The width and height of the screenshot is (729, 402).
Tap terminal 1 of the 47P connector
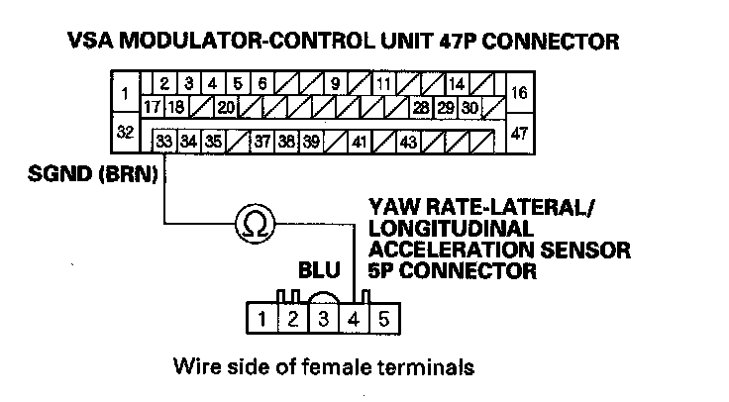coord(125,95)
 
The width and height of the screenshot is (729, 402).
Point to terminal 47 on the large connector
coord(519,133)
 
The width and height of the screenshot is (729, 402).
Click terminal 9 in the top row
coord(336,84)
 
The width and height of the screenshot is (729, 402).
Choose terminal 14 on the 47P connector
coord(457,84)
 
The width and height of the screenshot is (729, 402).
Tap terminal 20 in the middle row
coord(225,106)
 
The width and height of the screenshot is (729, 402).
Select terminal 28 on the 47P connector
coord(421,106)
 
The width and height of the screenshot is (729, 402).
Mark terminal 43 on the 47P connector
coord(407,142)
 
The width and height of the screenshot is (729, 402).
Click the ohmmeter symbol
coord(254,225)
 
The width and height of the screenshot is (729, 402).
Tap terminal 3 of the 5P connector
coord(323,319)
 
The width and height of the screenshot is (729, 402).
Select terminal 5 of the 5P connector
coord(384,319)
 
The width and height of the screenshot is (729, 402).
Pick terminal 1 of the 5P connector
coord(261,319)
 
